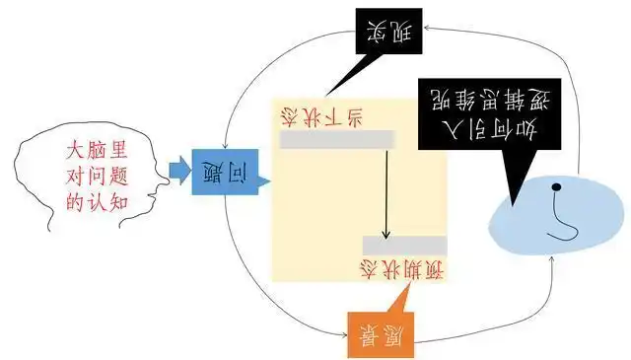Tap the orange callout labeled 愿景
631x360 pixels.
coord(380,333)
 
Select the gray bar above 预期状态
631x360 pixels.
coord(404,245)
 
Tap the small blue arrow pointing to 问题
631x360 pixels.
coord(180,169)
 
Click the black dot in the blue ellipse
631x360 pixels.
coord(557,187)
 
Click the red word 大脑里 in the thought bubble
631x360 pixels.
coord(95,153)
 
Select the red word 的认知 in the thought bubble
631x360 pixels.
coord(95,202)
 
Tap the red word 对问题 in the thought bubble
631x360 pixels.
coord(95,178)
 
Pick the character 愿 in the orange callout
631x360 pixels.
coord(392,333)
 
